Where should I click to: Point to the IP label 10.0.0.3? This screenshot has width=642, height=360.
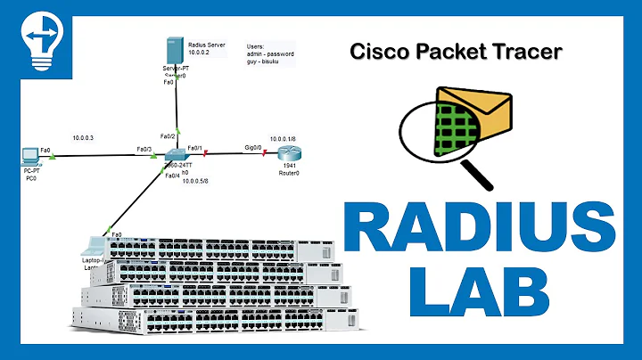click(83, 138)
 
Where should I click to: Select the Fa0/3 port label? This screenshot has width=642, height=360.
click(144, 149)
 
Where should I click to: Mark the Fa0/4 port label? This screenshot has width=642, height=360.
click(173, 176)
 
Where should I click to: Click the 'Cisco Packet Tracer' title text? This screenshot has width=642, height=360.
click(456, 52)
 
